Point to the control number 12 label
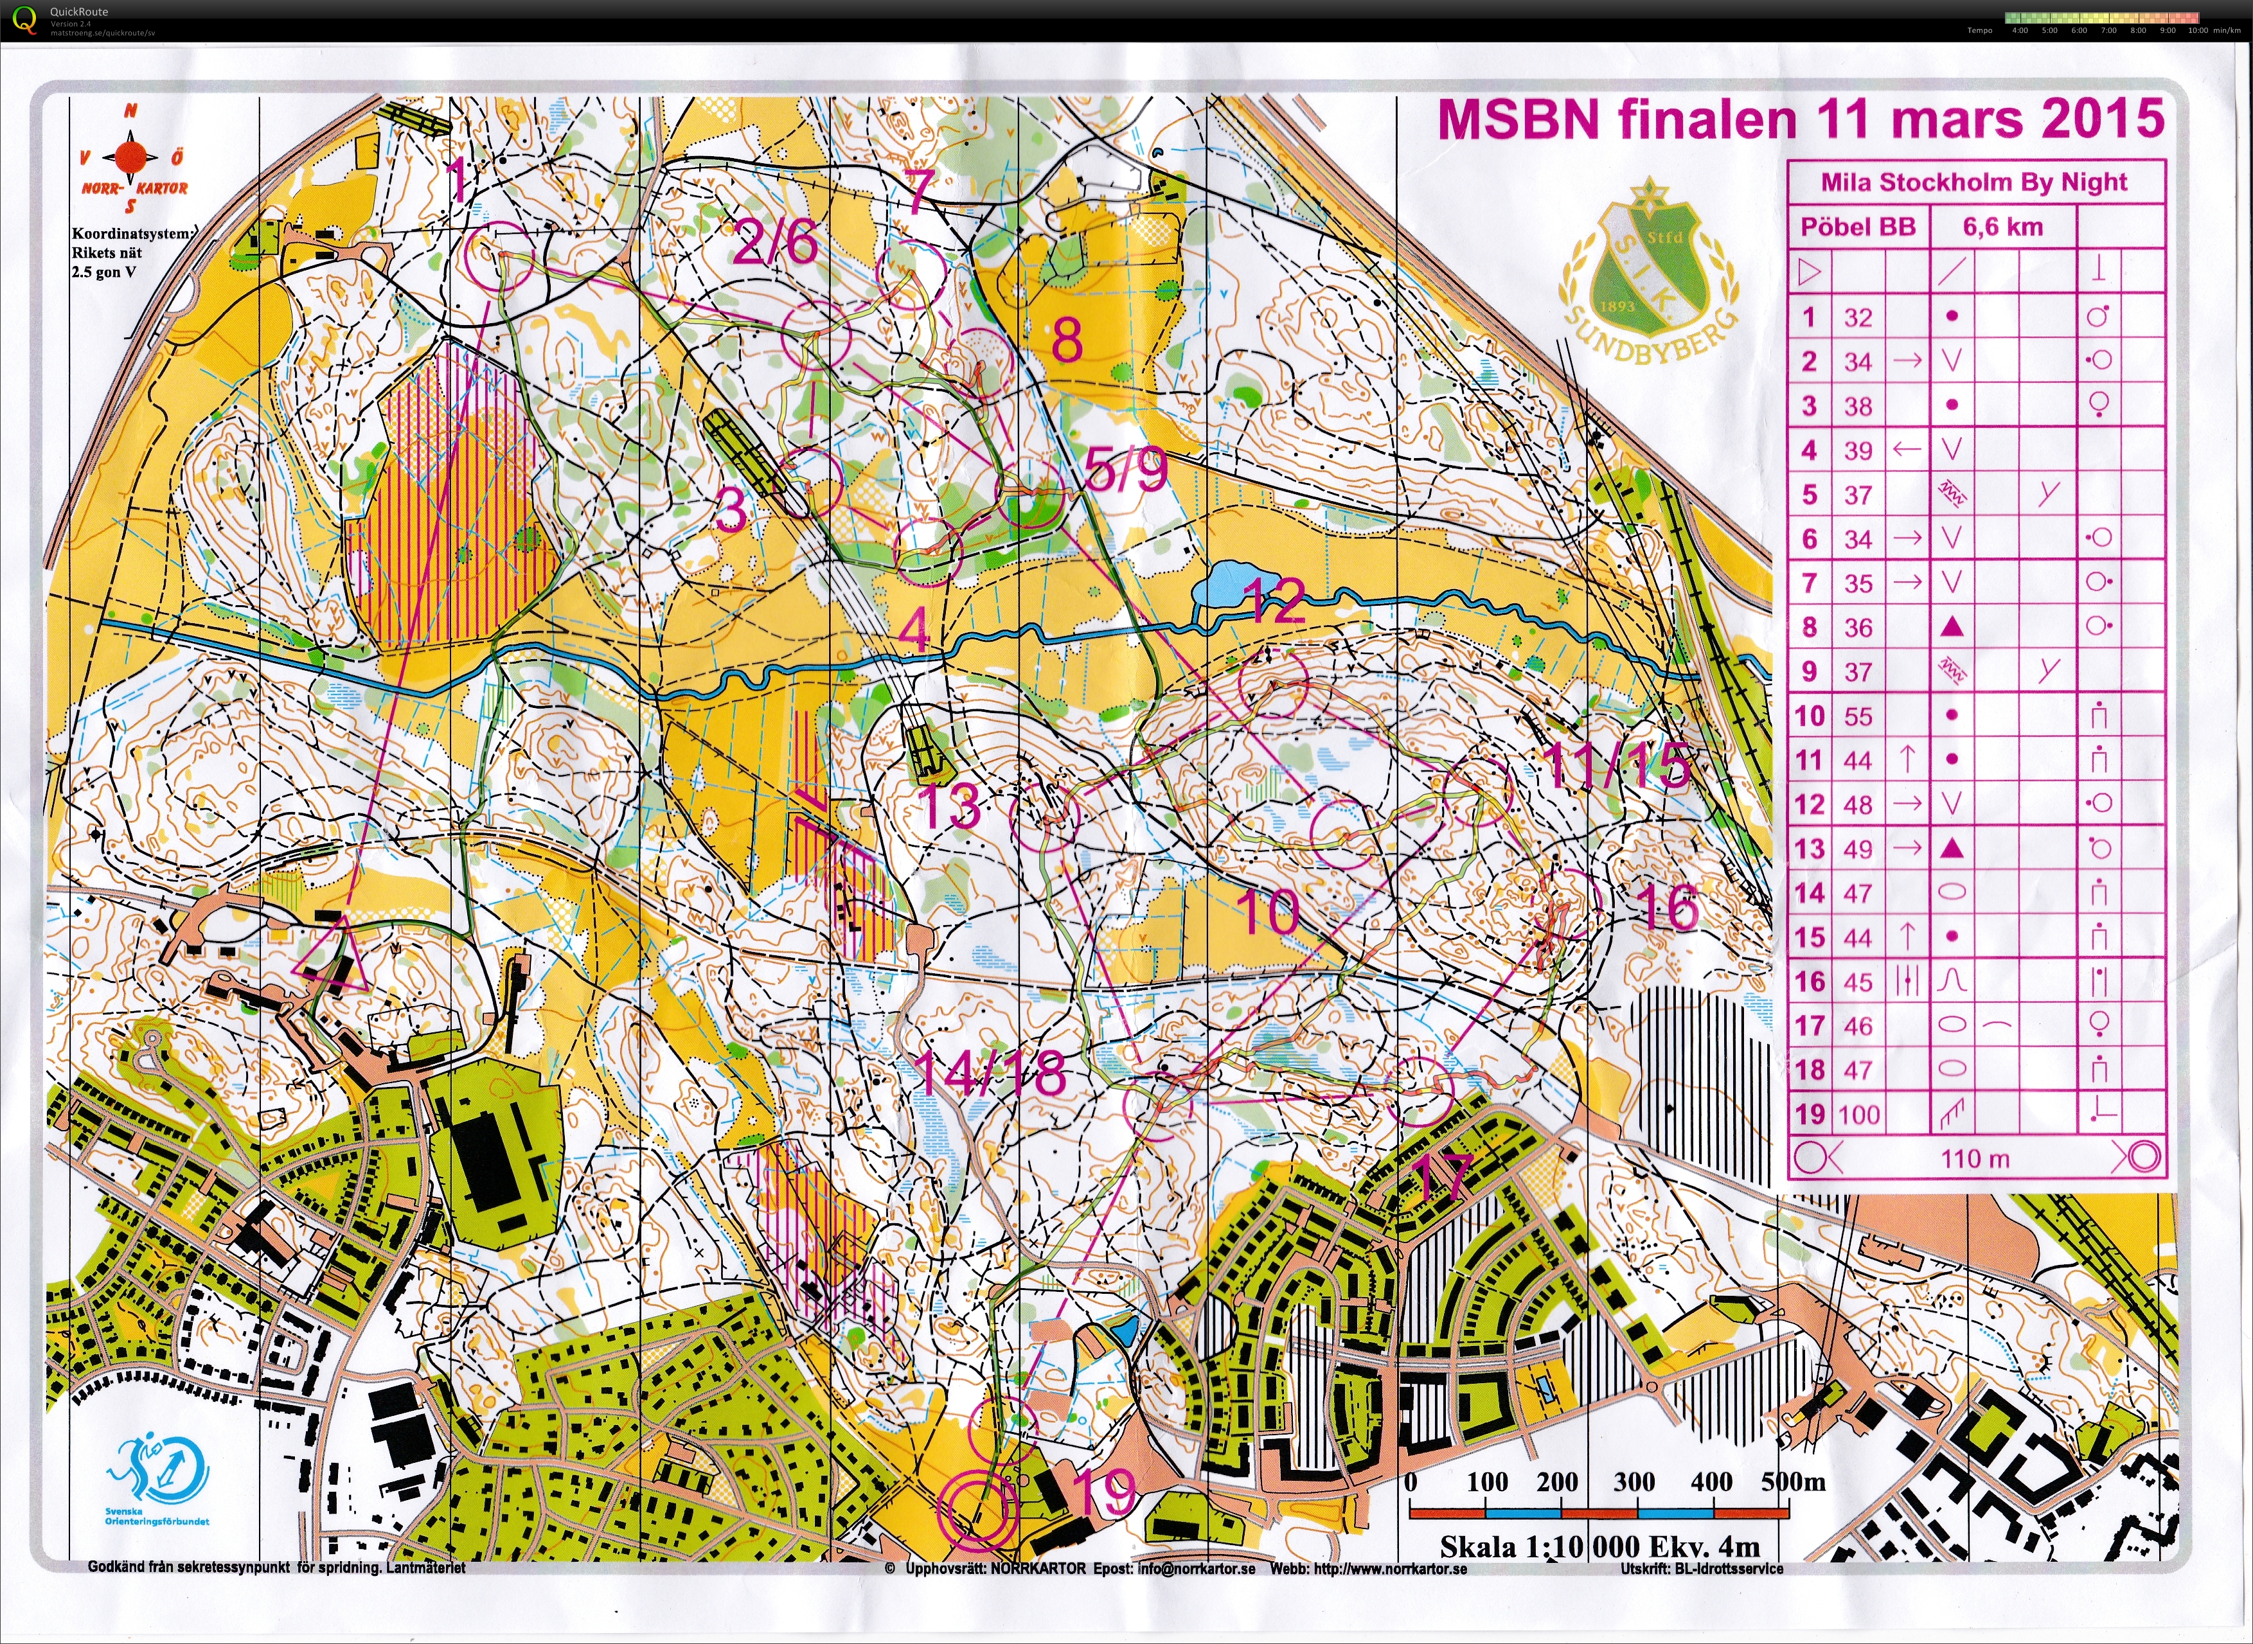pyautogui.click(x=1274, y=600)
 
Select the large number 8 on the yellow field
pyautogui.click(x=1067, y=341)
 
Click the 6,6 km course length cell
pyautogui.click(x=2002, y=227)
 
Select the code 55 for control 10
pyautogui.click(x=1858, y=716)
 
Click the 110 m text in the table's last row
pyautogui.click(x=1974, y=1158)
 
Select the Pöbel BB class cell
pyautogui.click(x=1858, y=227)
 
